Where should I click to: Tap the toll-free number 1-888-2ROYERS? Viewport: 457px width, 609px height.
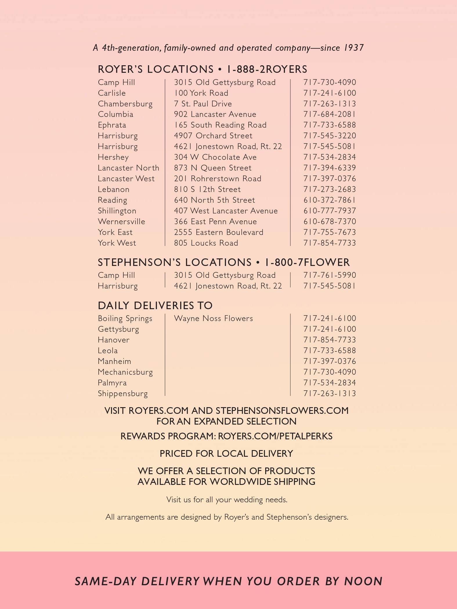click(x=267, y=69)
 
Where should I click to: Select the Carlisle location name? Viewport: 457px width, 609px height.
click(x=112, y=93)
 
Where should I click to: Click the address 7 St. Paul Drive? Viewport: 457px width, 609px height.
click(x=203, y=104)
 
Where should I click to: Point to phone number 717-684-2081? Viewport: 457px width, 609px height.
click(x=330, y=114)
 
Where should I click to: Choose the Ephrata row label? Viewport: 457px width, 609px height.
click(x=112, y=125)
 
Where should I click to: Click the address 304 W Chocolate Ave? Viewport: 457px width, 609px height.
click(x=215, y=157)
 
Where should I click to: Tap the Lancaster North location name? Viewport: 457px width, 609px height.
click(x=129, y=168)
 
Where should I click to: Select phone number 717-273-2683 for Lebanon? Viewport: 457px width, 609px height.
click(x=330, y=189)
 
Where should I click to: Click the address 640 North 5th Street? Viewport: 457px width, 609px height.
click(x=214, y=200)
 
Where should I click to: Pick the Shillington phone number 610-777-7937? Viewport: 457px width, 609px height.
click(x=330, y=211)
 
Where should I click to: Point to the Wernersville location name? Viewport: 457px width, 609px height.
click(x=121, y=222)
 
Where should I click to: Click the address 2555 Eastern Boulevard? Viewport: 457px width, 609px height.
click(x=218, y=232)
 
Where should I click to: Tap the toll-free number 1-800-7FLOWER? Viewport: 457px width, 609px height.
click(x=307, y=262)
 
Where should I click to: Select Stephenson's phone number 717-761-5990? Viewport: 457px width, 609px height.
click(x=330, y=275)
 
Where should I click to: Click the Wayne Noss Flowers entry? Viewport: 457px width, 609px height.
click(x=213, y=318)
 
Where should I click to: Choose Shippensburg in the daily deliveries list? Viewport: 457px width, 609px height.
click(x=123, y=394)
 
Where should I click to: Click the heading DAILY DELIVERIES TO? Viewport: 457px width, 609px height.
click(x=155, y=306)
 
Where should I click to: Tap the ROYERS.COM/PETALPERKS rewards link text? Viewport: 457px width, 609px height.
click(x=275, y=436)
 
